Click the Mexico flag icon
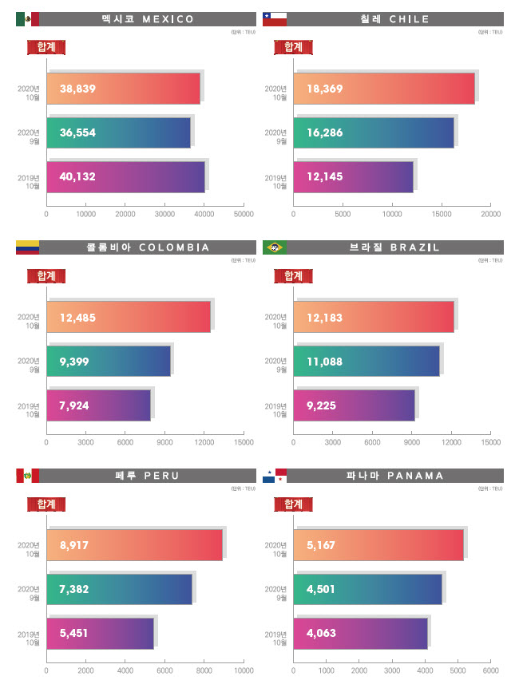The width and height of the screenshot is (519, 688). click(27, 19)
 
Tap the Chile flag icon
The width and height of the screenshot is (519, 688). click(275, 19)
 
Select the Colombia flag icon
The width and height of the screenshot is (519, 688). click(27, 247)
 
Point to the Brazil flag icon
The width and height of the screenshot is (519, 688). click(275, 247)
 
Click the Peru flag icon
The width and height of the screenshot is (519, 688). click(27, 476)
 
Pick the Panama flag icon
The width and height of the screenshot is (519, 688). click(275, 476)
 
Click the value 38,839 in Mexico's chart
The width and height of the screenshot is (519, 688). click(77, 89)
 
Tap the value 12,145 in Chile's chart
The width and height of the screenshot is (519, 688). click(324, 176)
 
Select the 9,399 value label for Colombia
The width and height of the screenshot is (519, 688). click(74, 362)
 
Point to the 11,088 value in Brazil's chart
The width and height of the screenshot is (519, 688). click(324, 362)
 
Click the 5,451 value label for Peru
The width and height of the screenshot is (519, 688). click(74, 633)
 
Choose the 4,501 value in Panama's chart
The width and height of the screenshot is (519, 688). click(321, 590)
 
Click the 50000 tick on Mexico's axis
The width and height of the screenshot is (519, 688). click(244, 214)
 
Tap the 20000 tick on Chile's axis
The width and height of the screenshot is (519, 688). click(491, 214)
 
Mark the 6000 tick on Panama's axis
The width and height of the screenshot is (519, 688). click(491, 671)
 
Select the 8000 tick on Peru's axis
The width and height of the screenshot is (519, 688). click(204, 671)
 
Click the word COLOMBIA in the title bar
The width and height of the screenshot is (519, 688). click(174, 247)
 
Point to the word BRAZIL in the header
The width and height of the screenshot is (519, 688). click(412, 247)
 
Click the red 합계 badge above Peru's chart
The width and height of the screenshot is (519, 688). click(46, 504)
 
